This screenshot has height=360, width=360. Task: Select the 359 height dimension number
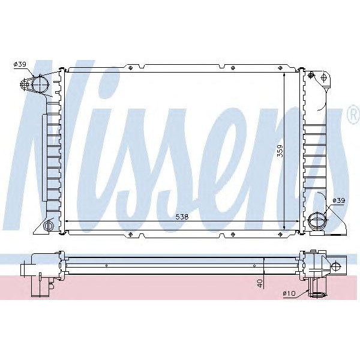click(279, 152)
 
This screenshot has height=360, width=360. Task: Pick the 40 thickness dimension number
click(259, 283)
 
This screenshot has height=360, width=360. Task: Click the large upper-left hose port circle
click(40, 84)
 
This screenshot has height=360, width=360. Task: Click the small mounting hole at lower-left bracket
click(49, 226)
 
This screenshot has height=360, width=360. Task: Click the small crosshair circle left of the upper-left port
click(26, 84)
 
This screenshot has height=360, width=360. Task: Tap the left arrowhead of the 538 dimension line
click(66, 221)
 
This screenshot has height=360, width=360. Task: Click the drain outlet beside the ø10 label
click(316, 292)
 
